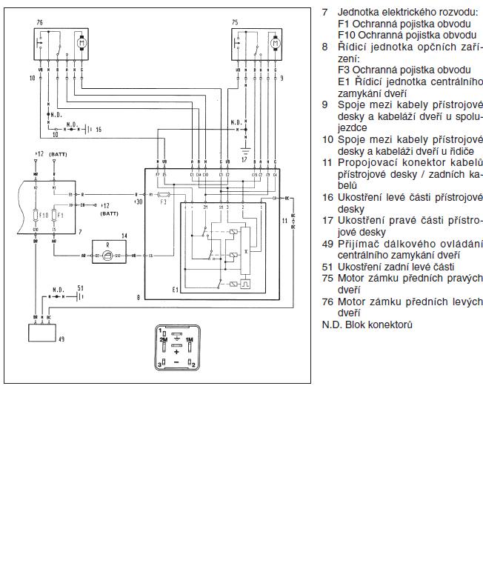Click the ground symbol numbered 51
76,294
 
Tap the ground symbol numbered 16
87,129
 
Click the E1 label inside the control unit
175,289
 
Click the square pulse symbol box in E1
245,282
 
